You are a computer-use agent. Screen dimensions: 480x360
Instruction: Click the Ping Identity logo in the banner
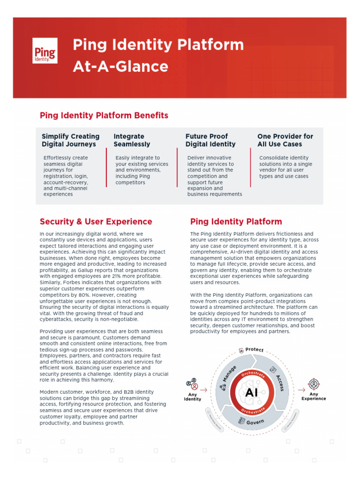coord(45,51)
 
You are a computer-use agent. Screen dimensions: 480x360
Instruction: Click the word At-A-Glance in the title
coord(120,67)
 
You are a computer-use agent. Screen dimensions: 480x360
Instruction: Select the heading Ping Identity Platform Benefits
coord(104,115)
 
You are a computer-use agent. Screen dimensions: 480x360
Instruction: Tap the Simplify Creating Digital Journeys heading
coord(71,140)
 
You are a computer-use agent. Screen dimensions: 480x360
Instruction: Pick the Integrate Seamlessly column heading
coord(132,140)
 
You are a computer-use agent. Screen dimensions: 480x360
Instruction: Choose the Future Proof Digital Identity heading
coord(210,140)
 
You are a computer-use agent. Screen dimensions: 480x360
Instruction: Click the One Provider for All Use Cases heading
coord(285,140)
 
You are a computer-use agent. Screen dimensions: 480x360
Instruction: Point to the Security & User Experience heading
coord(96,222)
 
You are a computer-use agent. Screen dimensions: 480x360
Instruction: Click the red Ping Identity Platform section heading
coord(236,222)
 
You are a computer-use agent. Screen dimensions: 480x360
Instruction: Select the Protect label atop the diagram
coord(255,350)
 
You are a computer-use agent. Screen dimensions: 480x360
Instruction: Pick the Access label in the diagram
coord(280,382)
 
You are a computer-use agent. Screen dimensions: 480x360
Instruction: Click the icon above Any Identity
coord(192,385)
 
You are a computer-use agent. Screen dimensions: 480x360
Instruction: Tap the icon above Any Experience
coord(314,385)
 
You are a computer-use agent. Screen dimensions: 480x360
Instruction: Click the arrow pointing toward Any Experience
coord(301,390)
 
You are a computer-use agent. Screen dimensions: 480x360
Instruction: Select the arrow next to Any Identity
coord(203,389)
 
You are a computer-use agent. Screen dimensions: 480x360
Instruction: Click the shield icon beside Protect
coord(241,350)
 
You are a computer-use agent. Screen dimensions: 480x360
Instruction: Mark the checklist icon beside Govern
coord(242,421)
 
